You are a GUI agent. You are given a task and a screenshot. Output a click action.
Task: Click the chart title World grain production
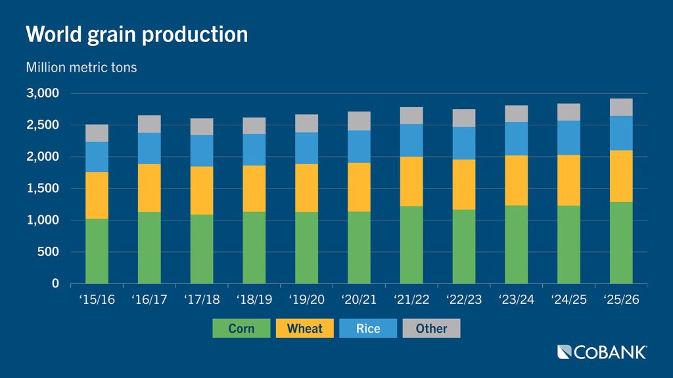pyautogui.click(x=137, y=34)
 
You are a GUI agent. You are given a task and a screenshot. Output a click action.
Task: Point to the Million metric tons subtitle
pyautogui.click(x=81, y=67)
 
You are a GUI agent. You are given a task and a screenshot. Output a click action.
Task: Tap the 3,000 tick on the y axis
pyautogui.click(x=43, y=93)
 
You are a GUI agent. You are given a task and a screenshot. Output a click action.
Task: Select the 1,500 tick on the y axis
pyautogui.click(x=43, y=188)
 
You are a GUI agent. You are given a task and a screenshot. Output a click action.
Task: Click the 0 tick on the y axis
pyautogui.click(x=56, y=283)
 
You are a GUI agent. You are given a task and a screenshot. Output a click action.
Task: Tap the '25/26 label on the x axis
pyautogui.click(x=620, y=300)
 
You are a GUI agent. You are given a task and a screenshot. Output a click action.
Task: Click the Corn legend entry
pyautogui.click(x=241, y=328)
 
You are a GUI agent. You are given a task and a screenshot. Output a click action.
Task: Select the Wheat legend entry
pyautogui.click(x=305, y=328)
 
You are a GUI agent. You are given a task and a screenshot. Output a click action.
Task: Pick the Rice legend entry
pyautogui.click(x=368, y=328)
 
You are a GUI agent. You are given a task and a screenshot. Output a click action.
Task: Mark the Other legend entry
pyautogui.click(x=431, y=328)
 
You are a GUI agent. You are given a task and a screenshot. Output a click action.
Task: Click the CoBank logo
pyautogui.click(x=601, y=352)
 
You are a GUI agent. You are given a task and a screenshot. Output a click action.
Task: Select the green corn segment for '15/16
pyautogui.click(x=97, y=251)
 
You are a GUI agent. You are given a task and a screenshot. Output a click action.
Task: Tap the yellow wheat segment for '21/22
pyautogui.click(x=411, y=181)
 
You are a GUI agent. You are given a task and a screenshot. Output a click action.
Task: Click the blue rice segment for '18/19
pyautogui.click(x=254, y=150)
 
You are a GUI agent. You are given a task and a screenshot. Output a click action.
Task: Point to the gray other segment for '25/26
pyautogui.click(x=620, y=107)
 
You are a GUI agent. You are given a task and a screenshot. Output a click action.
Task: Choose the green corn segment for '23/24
pyautogui.click(x=516, y=244)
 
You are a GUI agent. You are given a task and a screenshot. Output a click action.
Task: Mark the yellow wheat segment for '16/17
pyautogui.click(x=149, y=188)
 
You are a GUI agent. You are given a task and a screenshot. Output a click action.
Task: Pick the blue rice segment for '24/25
pyautogui.click(x=569, y=137)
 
